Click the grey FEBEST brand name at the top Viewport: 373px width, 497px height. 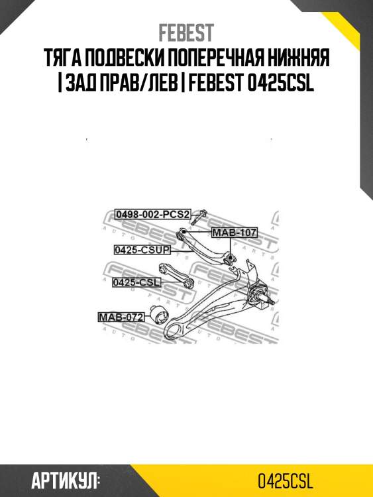[x=186, y=33]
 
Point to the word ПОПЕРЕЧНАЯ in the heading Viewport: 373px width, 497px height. [x=220, y=58]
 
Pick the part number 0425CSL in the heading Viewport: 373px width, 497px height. [x=280, y=83]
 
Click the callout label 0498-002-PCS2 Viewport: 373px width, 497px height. [x=152, y=215]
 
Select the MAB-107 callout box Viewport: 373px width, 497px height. [x=234, y=233]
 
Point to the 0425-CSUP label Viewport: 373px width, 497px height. [x=142, y=250]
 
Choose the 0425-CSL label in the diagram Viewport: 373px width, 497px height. [x=136, y=282]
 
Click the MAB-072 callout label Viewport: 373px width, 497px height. [x=121, y=317]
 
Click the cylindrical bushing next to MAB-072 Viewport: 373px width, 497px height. [x=159, y=314]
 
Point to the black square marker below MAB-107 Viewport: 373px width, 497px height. [x=230, y=256]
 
